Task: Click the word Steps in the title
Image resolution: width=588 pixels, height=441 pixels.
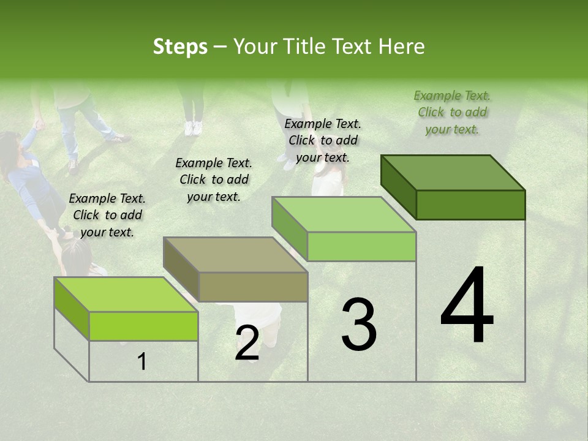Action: tap(180, 47)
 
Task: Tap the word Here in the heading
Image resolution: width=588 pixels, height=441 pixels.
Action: tap(402, 47)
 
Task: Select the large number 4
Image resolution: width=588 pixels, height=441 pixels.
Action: tap(467, 306)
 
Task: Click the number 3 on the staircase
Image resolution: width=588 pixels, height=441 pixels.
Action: tap(359, 325)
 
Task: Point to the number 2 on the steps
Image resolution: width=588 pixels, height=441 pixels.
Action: tap(247, 343)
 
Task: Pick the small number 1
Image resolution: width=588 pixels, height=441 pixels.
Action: tap(142, 362)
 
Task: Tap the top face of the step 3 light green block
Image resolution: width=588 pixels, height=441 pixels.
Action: tap(344, 214)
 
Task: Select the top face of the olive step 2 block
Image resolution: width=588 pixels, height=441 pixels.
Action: tap(235, 254)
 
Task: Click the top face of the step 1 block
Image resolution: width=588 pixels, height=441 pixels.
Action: tap(126, 294)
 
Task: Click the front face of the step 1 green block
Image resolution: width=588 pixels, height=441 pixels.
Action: tap(143, 326)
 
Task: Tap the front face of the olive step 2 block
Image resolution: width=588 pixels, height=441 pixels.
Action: tap(253, 287)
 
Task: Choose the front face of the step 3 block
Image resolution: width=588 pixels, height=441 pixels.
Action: tap(361, 246)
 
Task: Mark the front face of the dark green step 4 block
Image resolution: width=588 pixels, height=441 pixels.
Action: tap(470, 205)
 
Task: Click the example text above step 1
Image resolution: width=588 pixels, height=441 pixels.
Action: tap(107, 215)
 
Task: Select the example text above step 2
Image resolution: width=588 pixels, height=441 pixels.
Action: tap(214, 179)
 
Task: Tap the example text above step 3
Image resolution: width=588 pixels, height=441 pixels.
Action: tap(323, 140)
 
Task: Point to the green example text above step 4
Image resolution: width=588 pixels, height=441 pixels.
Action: tap(452, 112)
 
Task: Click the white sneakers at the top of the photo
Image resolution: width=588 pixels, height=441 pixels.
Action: tap(194, 128)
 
